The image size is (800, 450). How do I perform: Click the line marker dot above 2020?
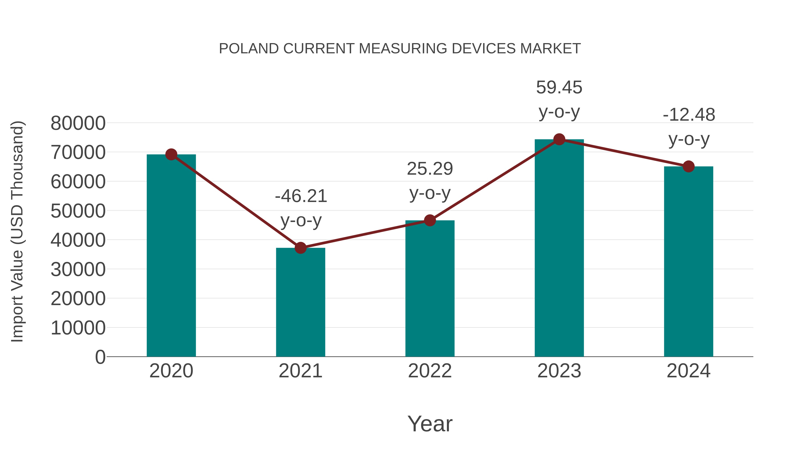(x=171, y=154)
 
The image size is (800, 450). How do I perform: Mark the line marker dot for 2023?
(x=559, y=139)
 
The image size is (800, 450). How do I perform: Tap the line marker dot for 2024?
(x=688, y=166)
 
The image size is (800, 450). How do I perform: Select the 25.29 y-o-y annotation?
(x=430, y=180)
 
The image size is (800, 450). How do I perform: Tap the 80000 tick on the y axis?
(x=78, y=123)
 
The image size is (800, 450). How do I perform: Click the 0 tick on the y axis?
(x=100, y=357)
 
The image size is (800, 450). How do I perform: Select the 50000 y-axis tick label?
(x=78, y=211)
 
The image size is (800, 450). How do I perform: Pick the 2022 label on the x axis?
(x=430, y=371)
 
